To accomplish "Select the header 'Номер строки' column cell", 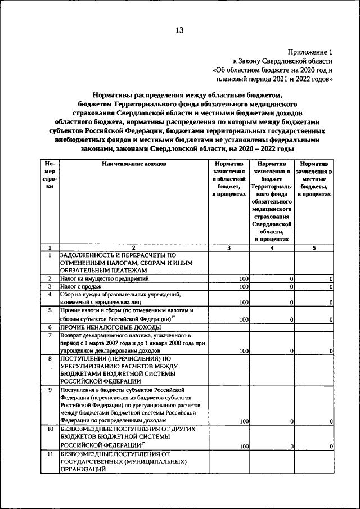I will coord(49,175).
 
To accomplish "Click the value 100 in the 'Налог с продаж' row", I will coord(244,287).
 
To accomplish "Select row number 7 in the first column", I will coord(49,335).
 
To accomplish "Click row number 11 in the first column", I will coord(49,453).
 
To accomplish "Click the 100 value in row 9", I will coord(244,421).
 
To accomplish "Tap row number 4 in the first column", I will coord(49,294).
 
